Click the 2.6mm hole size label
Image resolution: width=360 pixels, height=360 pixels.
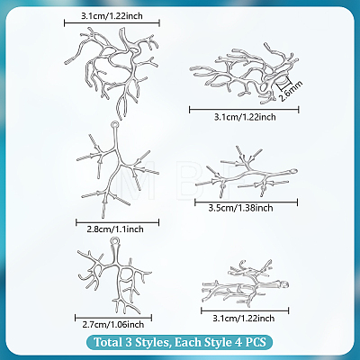click(x=291, y=91)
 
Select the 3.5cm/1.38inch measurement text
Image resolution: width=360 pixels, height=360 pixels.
click(x=241, y=208)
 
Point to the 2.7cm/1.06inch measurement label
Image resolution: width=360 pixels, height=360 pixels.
click(x=113, y=324)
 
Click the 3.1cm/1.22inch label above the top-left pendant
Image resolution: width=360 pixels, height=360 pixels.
click(x=112, y=16)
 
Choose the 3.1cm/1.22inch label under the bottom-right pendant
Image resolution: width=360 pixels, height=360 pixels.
click(x=244, y=318)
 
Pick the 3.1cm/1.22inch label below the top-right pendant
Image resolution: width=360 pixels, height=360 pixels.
click(x=245, y=117)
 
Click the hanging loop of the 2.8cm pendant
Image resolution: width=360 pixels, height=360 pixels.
click(x=114, y=124)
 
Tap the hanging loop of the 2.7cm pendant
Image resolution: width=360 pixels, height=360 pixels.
click(x=115, y=241)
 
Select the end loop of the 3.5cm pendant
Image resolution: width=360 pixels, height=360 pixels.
click(x=292, y=172)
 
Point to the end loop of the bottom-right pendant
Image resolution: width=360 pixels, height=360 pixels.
click(x=284, y=283)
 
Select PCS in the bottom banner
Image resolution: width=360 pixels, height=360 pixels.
click(x=255, y=342)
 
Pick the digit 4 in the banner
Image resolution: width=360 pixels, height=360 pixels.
click(x=236, y=342)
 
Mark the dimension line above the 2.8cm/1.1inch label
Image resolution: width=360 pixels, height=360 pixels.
click(x=117, y=222)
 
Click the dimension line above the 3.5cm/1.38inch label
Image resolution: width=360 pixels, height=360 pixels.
click(x=246, y=202)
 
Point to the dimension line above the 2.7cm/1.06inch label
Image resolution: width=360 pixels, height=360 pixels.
click(x=113, y=318)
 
